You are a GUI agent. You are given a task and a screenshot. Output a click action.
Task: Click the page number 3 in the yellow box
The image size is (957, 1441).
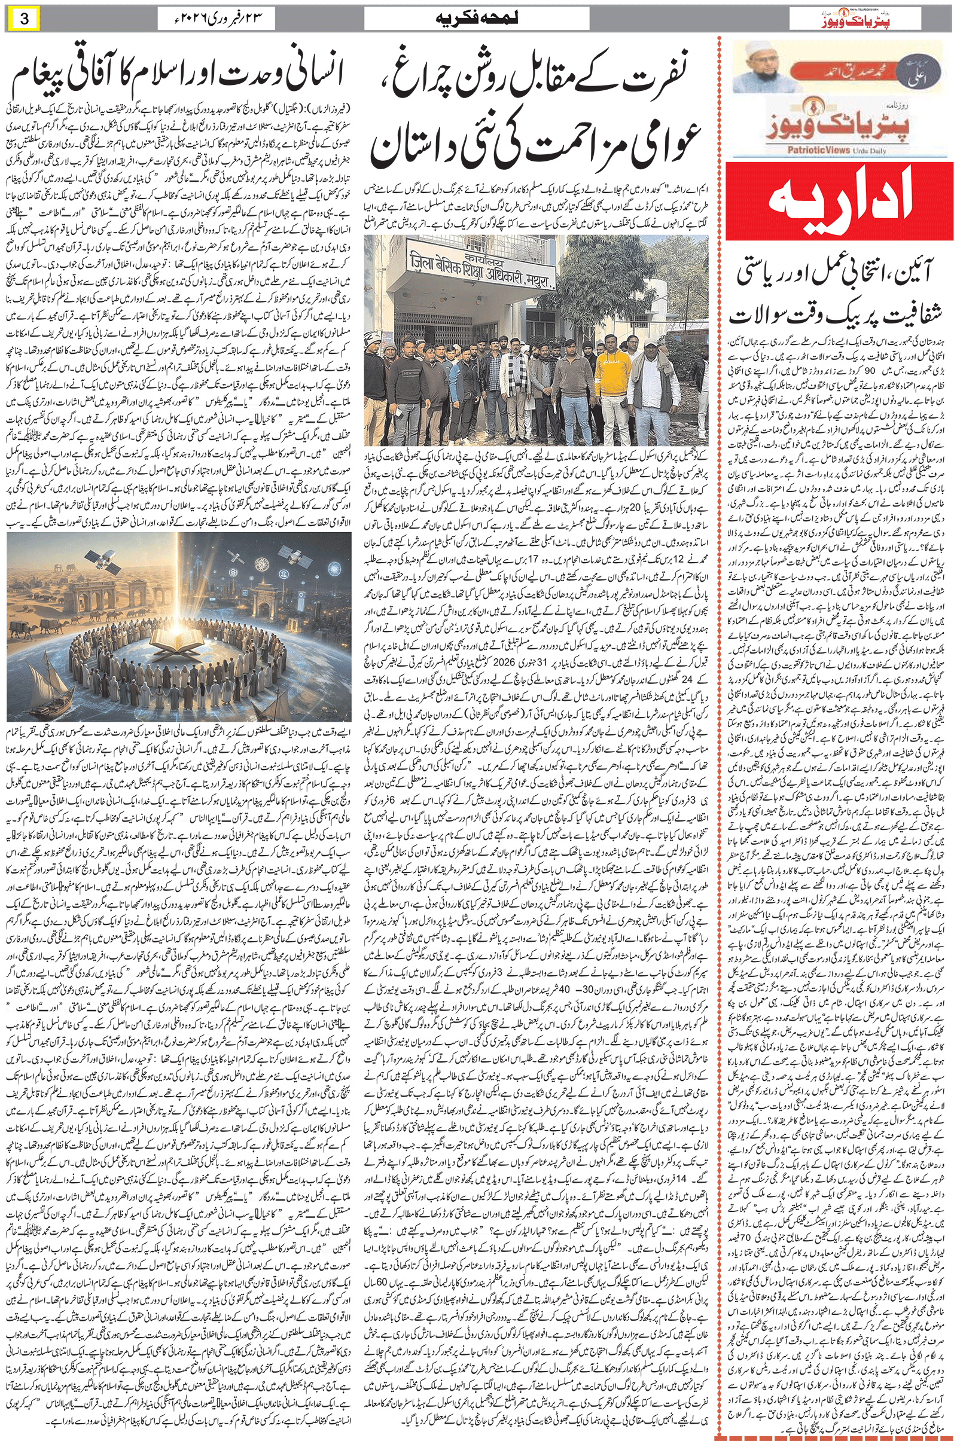click(25, 19)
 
